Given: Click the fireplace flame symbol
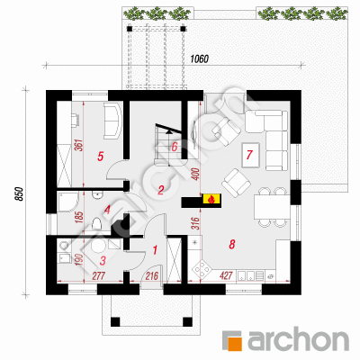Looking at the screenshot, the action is tap(211, 199).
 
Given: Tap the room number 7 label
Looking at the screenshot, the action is tap(249, 155).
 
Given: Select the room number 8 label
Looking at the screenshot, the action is tap(231, 245).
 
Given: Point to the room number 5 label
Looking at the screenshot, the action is tap(100, 157).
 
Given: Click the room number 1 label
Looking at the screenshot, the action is tap(155, 249).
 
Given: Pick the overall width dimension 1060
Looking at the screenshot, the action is tap(199, 59).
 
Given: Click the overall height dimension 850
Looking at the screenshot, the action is tap(19, 194).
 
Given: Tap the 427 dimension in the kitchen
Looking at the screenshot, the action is tap(227, 275).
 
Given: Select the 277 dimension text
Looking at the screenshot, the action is tap(99, 275).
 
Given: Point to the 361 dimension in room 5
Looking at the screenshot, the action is tap(79, 145).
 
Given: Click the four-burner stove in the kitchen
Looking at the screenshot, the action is tap(202, 269).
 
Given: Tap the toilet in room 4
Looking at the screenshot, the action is tap(96, 224).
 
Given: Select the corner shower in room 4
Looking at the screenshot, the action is tap(67, 202).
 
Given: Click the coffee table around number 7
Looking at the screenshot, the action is tap(250, 155).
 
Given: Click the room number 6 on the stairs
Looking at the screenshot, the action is tap(175, 148).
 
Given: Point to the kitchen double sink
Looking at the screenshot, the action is tap(251, 275).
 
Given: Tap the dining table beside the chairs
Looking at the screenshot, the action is tap(272, 207).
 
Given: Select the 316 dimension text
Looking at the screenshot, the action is tap(195, 224).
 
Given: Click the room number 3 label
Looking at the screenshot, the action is tap(103, 261).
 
